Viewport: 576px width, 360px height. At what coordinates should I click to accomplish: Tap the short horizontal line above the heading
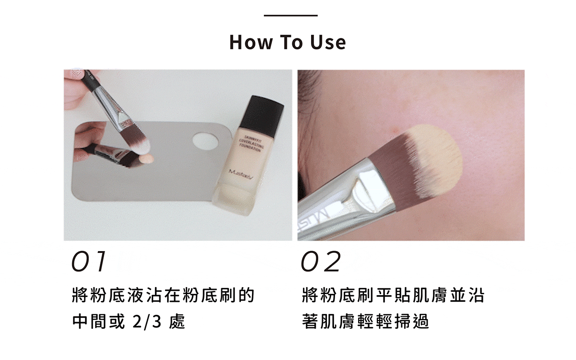(x=290, y=16)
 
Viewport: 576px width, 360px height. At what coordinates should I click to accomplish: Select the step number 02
(x=321, y=262)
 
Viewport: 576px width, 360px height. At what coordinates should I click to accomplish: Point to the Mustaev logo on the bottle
(x=244, y=171)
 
